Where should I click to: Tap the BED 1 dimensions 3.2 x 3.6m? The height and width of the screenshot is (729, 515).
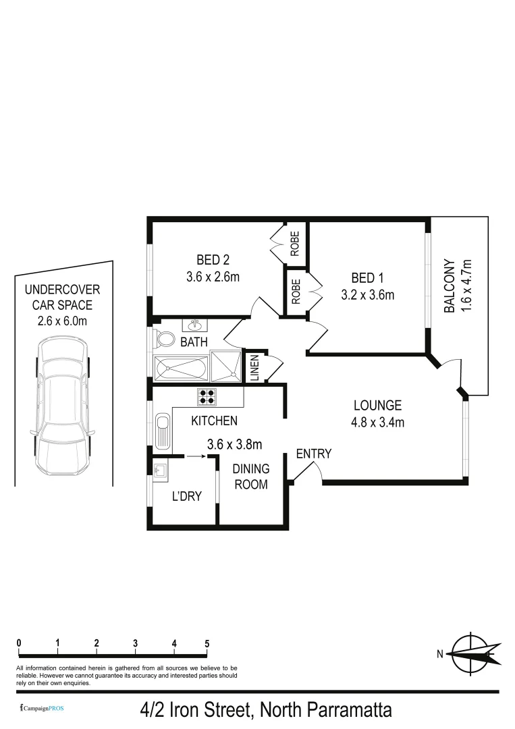click(x=368, y=294)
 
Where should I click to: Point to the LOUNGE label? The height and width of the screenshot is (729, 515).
click(x=377, y=406)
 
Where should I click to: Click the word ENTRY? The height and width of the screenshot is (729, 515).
click(x=314, y=454)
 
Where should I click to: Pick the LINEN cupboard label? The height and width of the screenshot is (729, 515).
click(x=255, y=368)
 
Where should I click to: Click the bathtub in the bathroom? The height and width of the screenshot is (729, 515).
click(x=181, y=368)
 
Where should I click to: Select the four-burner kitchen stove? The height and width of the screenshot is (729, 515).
click(x=206, y=396)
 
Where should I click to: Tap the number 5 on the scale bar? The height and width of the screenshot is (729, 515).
click(x=207, y=643)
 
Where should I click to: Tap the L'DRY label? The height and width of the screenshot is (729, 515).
click(x=187, y=497)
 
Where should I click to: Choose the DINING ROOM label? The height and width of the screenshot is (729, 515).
click(x=250, y=477)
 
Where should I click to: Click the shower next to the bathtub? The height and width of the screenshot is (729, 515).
click(x=225, y=367)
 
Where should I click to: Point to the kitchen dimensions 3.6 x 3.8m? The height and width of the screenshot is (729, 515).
click(x=234, y=444)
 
